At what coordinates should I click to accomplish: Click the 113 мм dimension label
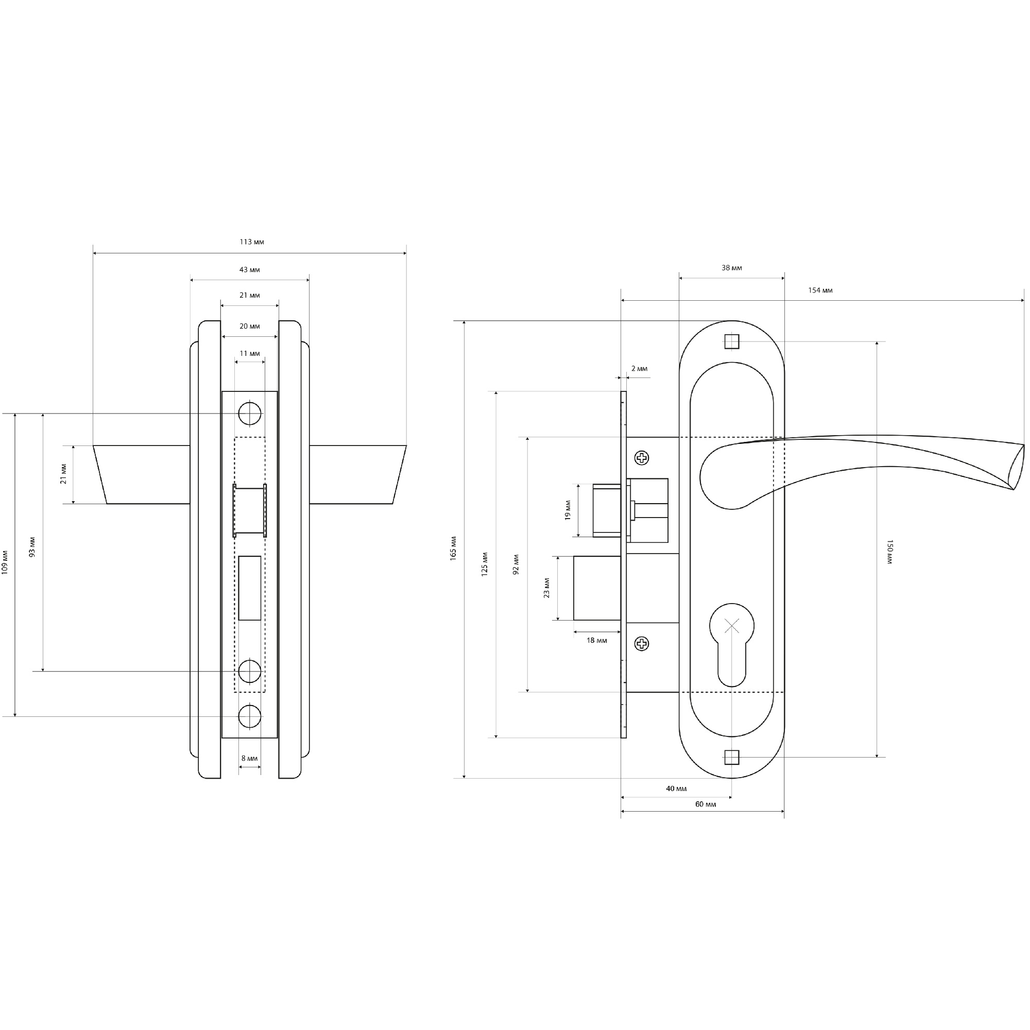pyautogui.click(x=252, y=242)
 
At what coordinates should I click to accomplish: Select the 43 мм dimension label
pyautogui.click(x=249, y=270)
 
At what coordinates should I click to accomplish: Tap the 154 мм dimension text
pyautogui.click(x=820, y=290)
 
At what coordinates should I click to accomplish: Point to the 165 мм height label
pyautogui.click(x=453, y=547)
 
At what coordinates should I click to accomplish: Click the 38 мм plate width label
pyautogui.click(x=731, y=268)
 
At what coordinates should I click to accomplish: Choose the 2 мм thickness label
pyautogui.click(x=639, y=368)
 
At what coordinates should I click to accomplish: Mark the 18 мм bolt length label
pyautogui.click(x=596, y=640)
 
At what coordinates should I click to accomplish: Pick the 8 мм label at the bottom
pyautogui.click(x=249, y=758)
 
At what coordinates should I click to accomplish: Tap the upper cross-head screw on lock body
pyautogui.click(x=642, y=458)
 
